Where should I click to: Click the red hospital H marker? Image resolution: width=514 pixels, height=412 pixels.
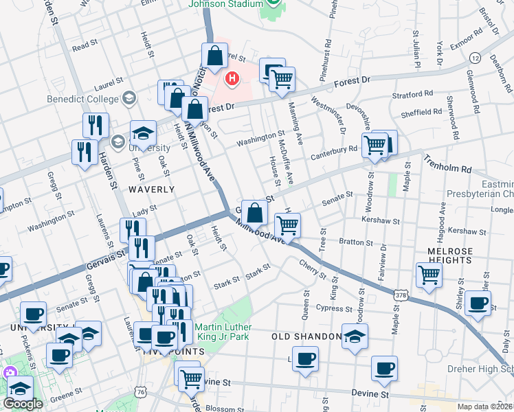tap(232, 79)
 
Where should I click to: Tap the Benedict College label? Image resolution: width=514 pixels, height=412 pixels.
tap(93, 100)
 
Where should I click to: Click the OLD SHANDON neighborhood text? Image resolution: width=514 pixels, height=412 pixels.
tap(306, 336)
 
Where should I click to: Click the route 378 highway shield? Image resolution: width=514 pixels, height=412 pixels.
tap(401, 294)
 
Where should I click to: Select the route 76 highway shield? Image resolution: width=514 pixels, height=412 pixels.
tap(142, 391)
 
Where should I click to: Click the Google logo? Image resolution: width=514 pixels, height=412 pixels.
tap(23, 404)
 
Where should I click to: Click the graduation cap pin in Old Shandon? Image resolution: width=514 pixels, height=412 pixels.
tap(355, 336)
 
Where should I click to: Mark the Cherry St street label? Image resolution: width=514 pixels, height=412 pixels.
tap(313, 268)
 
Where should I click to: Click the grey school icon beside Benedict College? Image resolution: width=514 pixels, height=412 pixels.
tap(128, 99)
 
